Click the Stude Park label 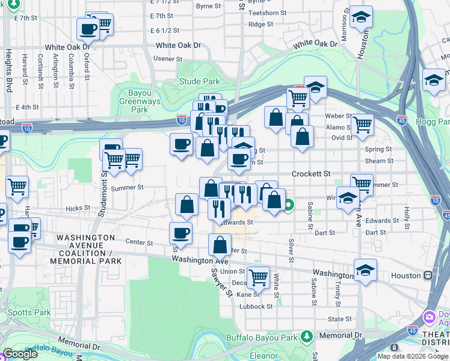pos(199,81)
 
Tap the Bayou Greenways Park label pos(139,102)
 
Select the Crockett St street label pos(311,173)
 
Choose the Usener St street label pos(168,59)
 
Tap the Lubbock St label pos(255,306)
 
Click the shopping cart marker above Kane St pos(258,277)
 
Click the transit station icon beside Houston pos(428,276)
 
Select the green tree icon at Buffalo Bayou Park pos(307,335)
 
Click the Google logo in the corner pos(20,354)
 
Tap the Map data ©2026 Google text pos(412,356)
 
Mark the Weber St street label pos(338,116)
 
